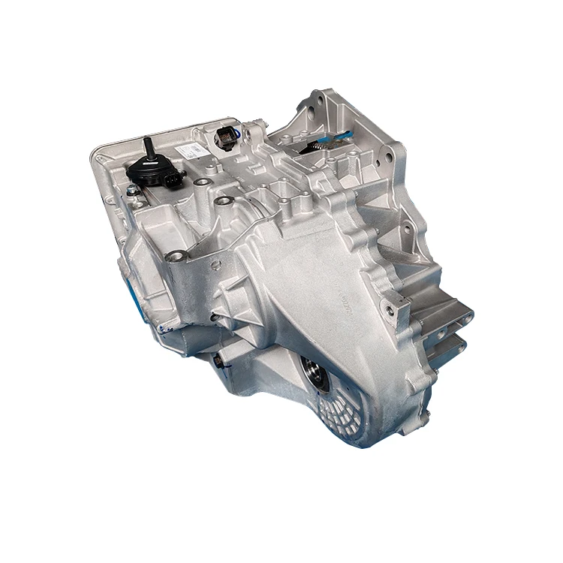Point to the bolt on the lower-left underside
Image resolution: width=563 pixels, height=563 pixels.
point(217,362)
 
